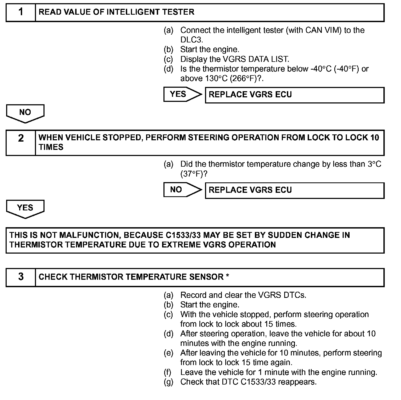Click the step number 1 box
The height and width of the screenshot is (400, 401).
21,12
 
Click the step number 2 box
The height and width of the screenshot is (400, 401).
21,143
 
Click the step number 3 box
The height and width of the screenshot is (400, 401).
21,277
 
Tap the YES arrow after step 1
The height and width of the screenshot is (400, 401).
182,94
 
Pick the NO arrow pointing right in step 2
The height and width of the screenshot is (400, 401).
182,190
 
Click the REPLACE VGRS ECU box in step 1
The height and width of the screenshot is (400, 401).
295,95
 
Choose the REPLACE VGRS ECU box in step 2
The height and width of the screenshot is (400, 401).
295,190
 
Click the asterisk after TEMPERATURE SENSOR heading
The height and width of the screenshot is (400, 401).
227,277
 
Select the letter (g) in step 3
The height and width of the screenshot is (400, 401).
169,382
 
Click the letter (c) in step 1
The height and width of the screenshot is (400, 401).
169,59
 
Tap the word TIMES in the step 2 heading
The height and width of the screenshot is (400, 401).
51,147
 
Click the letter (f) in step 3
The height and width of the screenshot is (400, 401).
168,373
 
